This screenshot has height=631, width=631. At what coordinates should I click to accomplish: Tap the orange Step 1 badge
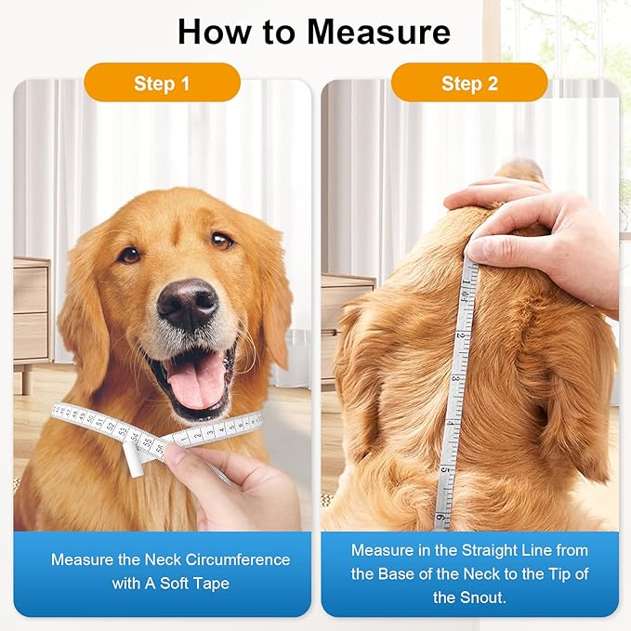162,83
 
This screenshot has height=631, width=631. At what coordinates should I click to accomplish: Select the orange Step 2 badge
469,83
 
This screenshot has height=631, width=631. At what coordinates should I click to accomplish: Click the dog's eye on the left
128,254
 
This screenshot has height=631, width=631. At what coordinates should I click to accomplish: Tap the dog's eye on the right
222,241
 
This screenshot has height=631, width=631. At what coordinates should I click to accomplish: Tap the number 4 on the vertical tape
452,423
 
